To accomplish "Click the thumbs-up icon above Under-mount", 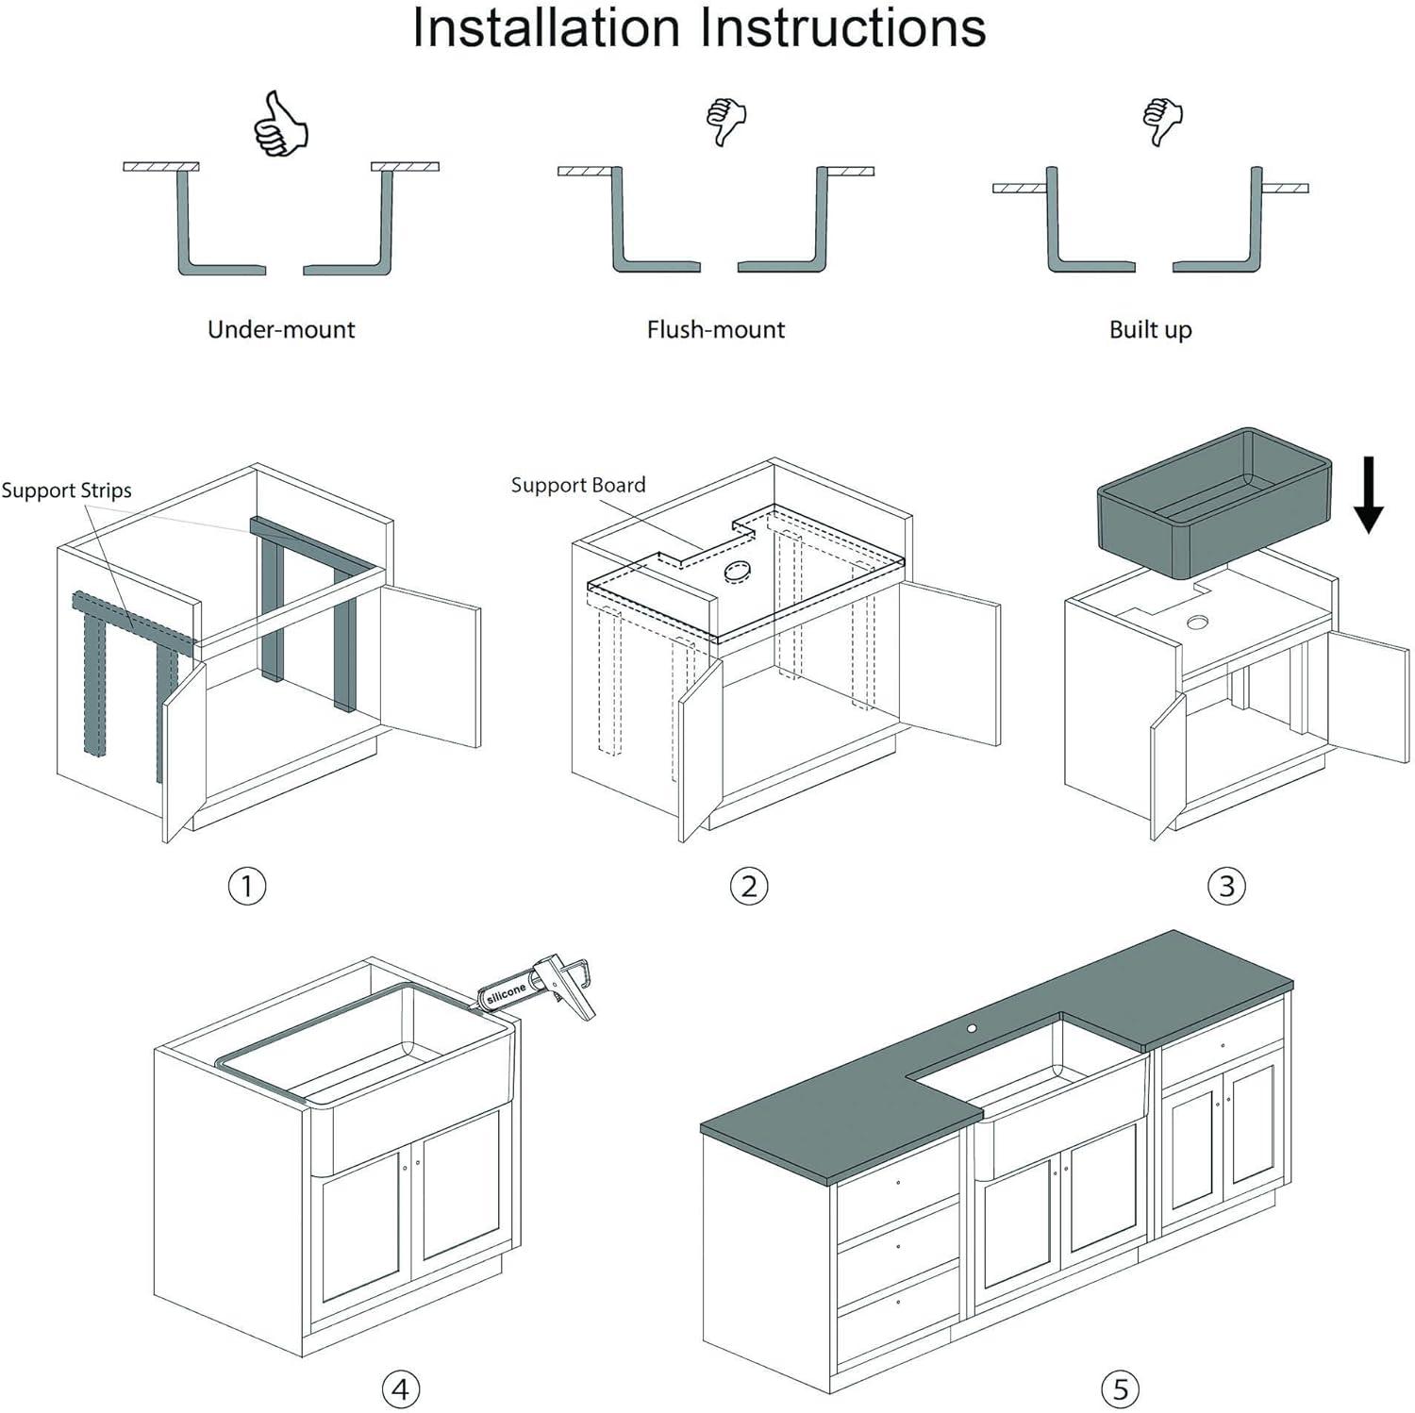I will coord(280,124).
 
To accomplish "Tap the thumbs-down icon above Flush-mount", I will coord(726,121).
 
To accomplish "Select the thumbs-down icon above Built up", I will coord(1162,121).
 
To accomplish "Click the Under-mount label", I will coord(281,329).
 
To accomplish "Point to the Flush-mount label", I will coord(715,329).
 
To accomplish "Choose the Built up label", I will coord(1150,329).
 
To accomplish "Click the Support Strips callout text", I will coord(66,490).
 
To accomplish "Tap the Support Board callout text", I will coord(578,485).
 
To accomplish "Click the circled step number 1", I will coord(247,886).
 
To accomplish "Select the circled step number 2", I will coord(749,886).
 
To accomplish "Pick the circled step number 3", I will coord(1226,886).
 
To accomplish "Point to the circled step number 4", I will coord(401,1388).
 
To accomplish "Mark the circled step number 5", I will coord(1121,1388).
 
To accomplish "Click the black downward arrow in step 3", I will coord(1368,494).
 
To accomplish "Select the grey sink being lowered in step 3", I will coord(1213,503).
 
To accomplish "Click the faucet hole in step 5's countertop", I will coord(972,1026).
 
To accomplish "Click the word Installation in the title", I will coord(544,28).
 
